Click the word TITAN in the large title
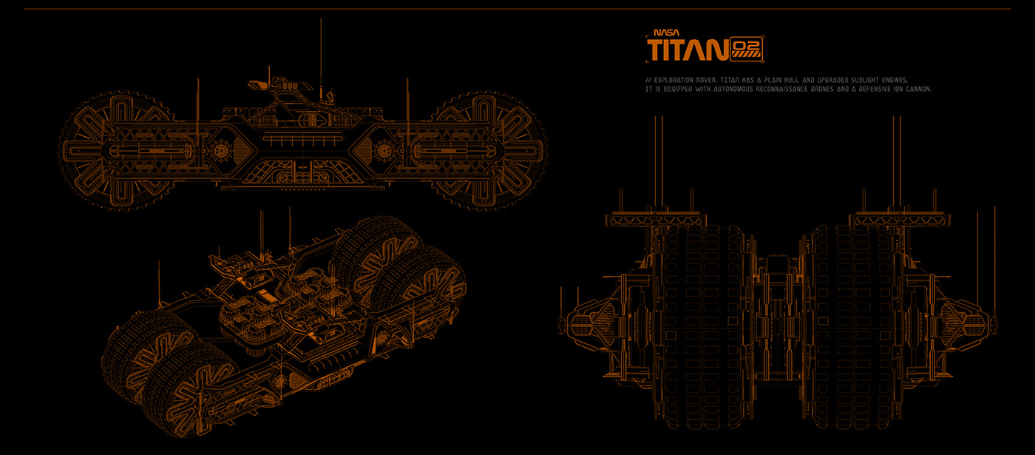pos(686,51)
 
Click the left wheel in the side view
pos(118,152)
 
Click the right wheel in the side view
pos(489,152)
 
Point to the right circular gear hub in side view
pos(384,152)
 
